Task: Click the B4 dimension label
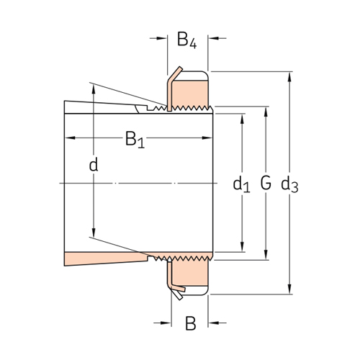(x=186, y=40)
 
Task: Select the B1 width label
(x=135, y=138)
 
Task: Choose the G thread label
(x=266, y=184)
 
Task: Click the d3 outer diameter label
(x=289, y=185)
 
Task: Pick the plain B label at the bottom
(x=190, y=324)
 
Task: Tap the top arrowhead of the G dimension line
(x=266, y=109)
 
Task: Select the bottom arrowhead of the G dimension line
(x=266, y=255)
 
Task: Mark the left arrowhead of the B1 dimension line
(x=68, y=137)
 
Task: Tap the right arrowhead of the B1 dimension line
(x=211, y=137)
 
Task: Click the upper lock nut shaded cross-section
(x=189, y=90)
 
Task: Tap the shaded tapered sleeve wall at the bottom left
(x=101, y=258)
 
